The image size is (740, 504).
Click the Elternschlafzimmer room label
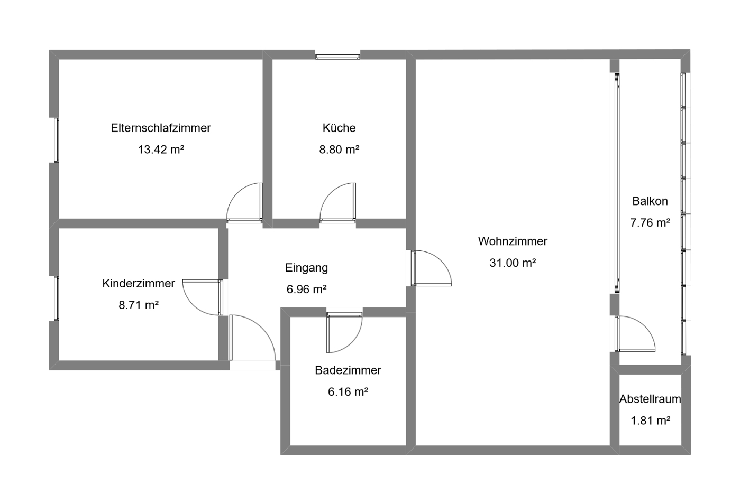tap(161, 128)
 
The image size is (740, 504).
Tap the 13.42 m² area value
tap(161, 150)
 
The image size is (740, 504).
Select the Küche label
tap(339, 128)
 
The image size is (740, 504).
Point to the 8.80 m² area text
tap(339, 150)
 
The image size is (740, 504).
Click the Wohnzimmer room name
tap(513, 241)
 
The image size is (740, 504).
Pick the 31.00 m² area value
tap(513, 263)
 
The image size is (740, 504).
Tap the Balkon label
tap(650, 201)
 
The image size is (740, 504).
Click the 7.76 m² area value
tap(650, 223)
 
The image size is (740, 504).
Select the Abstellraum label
tap(650, 399)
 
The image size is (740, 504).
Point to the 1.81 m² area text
tap(650, 421)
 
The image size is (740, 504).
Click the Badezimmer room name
tap(348, 370)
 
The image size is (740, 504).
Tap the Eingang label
tap(307, 268)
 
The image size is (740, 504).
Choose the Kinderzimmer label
tap(139, 283)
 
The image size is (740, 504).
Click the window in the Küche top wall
tap(337, 57)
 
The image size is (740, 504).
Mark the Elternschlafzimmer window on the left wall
tap(57, 140)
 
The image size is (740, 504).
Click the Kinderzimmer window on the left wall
tap(57, 298)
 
